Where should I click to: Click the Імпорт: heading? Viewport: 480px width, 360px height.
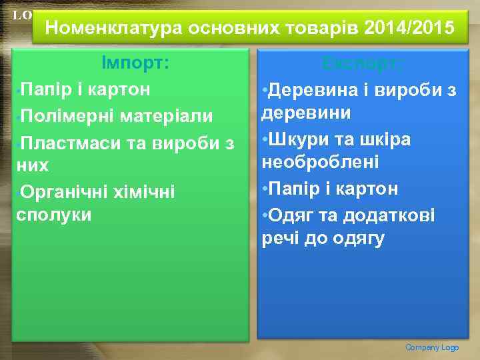click(x=135, y=63)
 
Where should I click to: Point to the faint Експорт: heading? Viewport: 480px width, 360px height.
click(x=361, y=63)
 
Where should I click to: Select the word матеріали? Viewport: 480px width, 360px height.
click(x=167, y=116)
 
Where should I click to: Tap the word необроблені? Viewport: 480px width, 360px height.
click(x=320, y=163)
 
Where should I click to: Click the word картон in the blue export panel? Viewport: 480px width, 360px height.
click(x=367, y=189)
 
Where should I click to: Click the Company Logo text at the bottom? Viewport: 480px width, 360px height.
click(x=432, y=347)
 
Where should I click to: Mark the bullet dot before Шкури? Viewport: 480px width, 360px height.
click(x=265, y=140)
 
